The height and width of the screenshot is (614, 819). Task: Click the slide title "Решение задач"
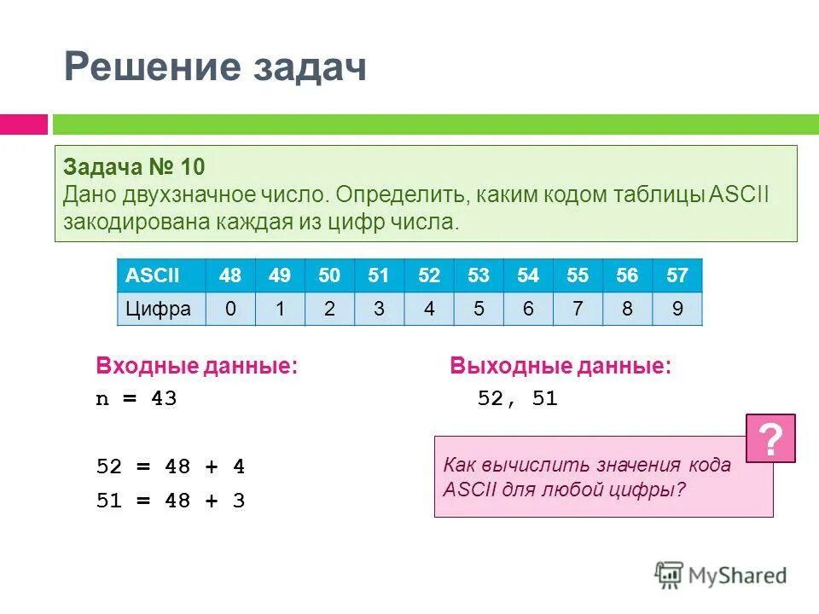215,67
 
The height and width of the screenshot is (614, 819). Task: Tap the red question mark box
770,438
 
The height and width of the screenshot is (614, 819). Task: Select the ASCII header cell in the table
148,275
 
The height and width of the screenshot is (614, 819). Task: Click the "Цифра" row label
160,309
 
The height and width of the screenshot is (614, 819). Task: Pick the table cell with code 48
230,275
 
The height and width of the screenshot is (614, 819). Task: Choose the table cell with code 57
677,275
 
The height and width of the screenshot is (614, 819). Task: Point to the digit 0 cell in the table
230,309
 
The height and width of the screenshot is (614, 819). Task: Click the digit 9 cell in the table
677,309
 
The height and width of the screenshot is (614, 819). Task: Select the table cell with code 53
479,275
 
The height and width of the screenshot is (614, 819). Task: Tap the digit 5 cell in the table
479,309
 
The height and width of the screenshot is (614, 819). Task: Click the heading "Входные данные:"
197,368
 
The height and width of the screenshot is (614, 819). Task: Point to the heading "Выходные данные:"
561,368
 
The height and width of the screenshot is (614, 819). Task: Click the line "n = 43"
136,399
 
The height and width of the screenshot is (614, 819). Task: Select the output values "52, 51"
517,399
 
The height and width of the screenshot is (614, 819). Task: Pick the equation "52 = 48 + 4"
170,467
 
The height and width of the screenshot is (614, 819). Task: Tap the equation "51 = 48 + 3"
170,501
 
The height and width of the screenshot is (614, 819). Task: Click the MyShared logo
721,575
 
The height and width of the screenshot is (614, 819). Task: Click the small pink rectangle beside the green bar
23,125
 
